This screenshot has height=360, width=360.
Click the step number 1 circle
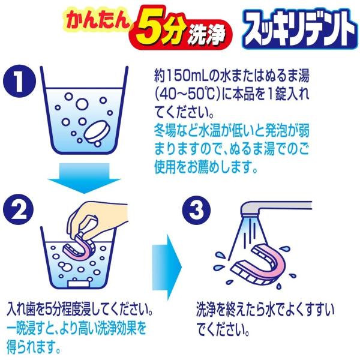19,81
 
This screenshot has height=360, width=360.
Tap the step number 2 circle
19,209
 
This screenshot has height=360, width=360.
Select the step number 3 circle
197,210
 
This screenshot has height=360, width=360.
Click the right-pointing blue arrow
167,267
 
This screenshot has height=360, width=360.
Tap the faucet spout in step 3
275,209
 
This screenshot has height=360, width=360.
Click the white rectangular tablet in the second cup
78,283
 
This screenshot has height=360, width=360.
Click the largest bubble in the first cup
82,104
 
